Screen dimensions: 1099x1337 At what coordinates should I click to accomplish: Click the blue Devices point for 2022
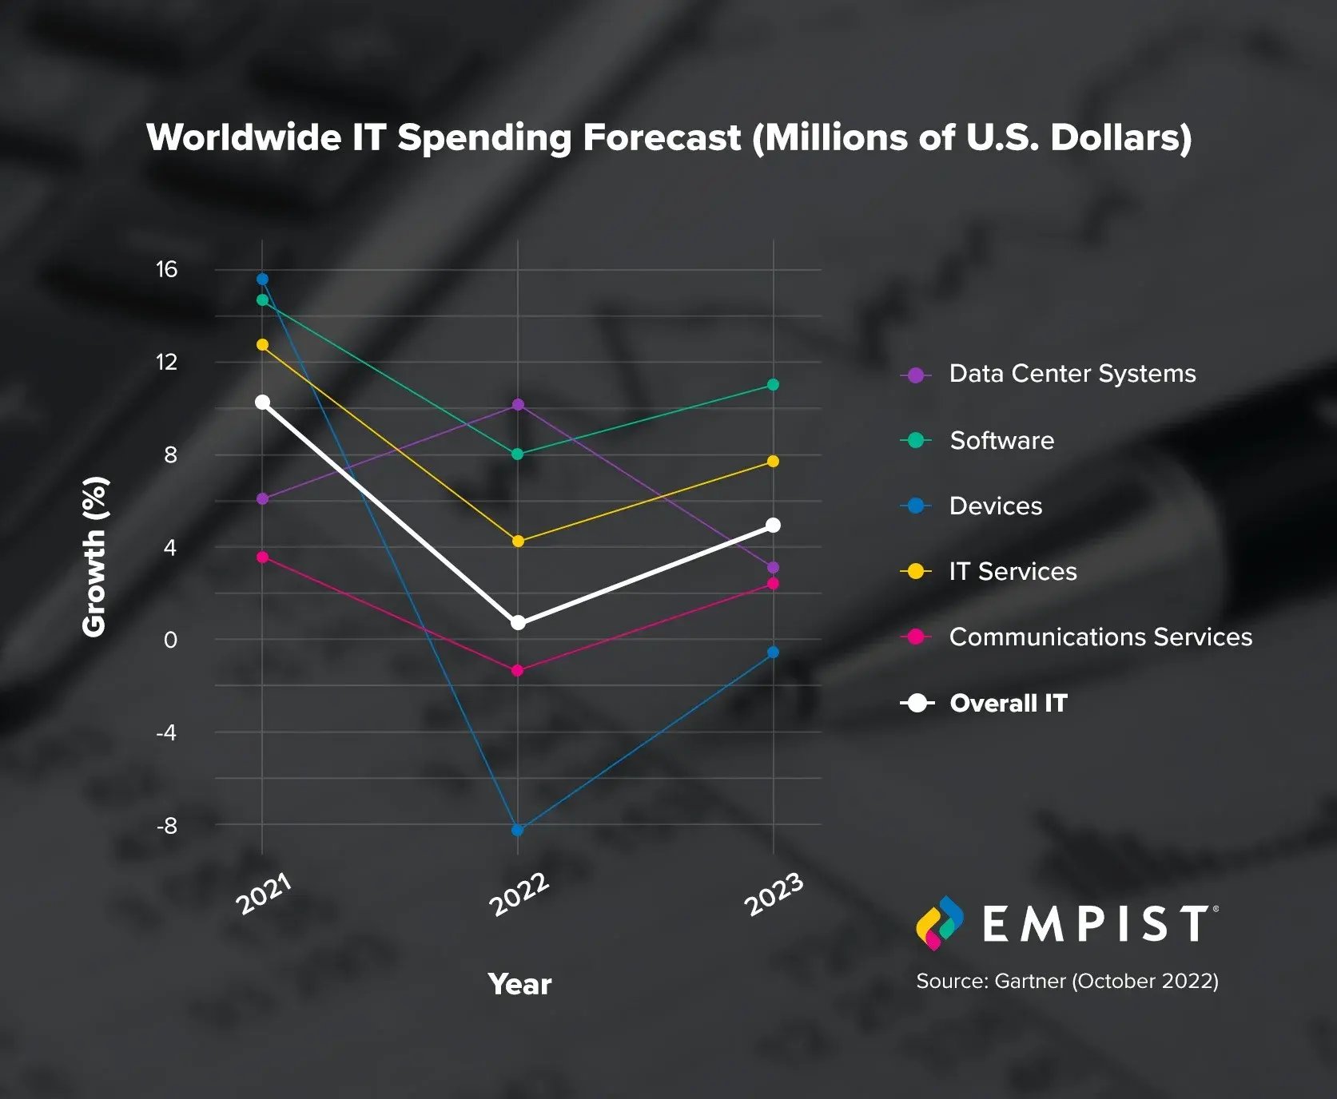coord(517,830)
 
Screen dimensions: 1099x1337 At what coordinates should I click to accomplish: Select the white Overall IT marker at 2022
coord(518,622)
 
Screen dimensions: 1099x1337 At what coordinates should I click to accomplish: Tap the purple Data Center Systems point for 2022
coord(518,405)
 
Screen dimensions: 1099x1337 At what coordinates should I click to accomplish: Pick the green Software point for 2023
coord(773,385)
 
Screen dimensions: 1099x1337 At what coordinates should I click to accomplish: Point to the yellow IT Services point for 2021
coord(262,345)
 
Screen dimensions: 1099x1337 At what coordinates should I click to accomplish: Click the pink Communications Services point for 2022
coord(517,670)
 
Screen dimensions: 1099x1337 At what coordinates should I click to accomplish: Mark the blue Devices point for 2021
coord(262,279)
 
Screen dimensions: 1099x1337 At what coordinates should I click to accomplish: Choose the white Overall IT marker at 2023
coord(773,525)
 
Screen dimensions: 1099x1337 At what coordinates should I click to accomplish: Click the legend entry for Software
coord(1001,440)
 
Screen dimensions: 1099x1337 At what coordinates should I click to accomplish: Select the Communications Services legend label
coord(1100,637)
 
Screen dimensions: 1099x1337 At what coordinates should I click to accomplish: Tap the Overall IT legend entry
coord(1008,703)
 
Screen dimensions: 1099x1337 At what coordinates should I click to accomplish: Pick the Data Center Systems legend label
coord(1072,373)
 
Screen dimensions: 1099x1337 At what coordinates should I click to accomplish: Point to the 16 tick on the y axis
coord(166,269)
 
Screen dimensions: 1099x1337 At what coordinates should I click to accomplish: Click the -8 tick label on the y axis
coord(166,826)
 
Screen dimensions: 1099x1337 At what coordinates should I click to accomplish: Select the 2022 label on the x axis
coord(519,895)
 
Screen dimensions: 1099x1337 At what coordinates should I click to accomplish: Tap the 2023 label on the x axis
coord(774,895)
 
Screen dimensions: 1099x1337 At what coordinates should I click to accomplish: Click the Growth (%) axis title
coord(94,556)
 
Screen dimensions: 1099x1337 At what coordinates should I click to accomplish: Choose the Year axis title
coord(519,984)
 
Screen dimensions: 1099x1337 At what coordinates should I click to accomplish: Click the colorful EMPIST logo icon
coord(939,923)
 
